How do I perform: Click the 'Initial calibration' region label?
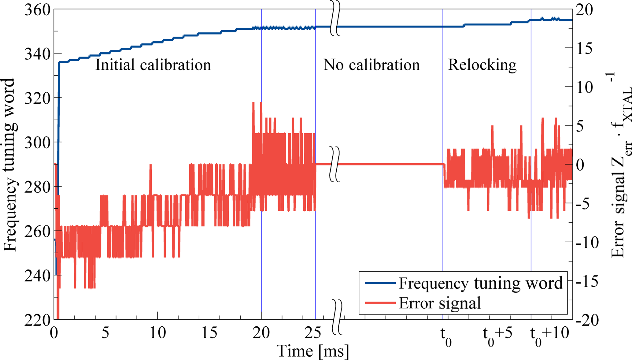[x=153, y=65]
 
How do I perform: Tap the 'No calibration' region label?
[x=371, y=65]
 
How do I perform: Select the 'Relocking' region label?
[x=482, y=65]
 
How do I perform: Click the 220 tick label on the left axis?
[x=37, y=320]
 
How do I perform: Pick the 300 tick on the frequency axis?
[x=37, y=143]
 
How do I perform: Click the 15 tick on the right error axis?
[x=584, y=48]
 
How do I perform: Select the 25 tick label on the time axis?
[x=313, y=333]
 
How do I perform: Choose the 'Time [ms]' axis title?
[x=312, y=351]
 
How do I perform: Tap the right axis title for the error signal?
[x=621, y=165]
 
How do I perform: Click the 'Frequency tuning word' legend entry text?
[x=481, y=283]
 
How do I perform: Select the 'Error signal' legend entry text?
[x=440, y=303]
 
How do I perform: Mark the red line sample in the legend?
[x=380, y=303]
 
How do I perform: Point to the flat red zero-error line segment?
[x=388, y=164]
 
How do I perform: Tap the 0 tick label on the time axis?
[x=54, y=333]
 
